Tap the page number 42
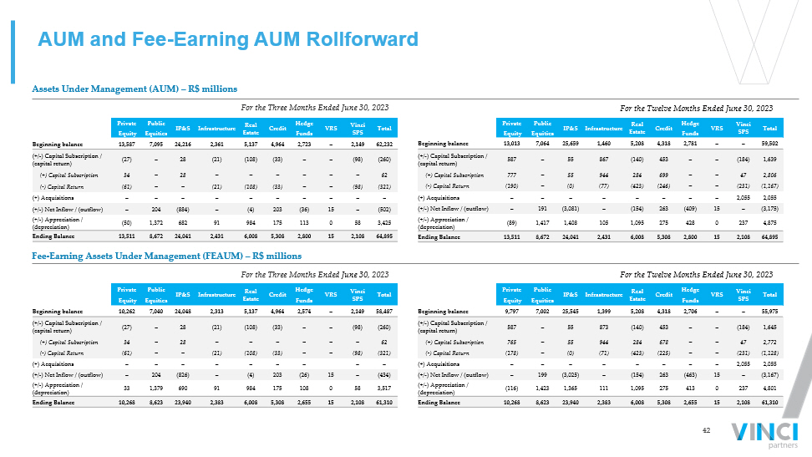(706, 430)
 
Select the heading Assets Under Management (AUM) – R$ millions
(134, 89)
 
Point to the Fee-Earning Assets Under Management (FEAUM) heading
(166, 256)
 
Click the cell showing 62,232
(384, 144)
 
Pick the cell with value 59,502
(770, 144)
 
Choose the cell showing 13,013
(512, 144)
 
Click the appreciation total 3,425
(385, 224)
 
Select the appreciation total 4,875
(771, 224)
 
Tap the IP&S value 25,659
(571, 144)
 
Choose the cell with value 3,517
(385, 389)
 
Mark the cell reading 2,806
(771, 175)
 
